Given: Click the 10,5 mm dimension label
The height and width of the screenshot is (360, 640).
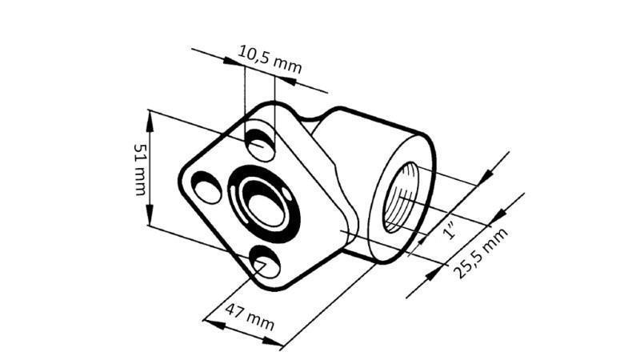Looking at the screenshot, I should coord(270,59).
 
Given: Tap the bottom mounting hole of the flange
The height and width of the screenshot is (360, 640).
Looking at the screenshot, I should coord(265,262).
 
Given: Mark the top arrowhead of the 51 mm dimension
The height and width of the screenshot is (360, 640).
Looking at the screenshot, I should coord(150,117).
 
